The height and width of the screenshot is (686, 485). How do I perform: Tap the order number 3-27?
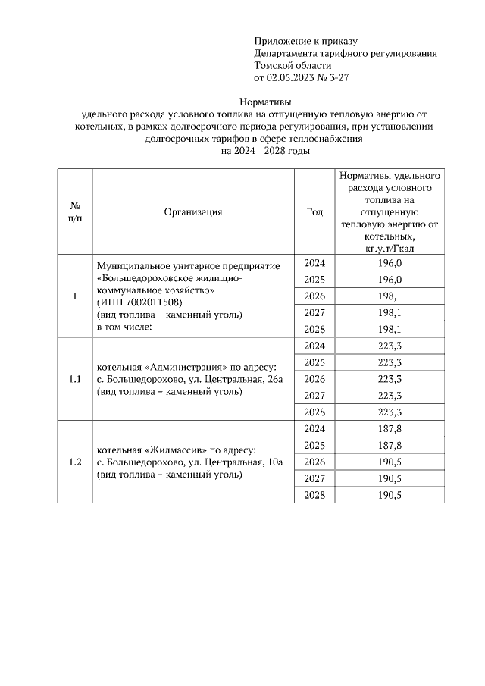point(339,77)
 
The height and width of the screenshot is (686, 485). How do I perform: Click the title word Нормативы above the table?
point(264,102)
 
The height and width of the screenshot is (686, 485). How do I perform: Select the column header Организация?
point(193,212)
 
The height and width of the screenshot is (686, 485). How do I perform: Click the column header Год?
point(314,212)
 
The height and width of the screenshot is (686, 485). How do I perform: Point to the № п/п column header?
point(75,212)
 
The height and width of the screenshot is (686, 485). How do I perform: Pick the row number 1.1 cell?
point(75,379)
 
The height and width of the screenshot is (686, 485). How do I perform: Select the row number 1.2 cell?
point(75,462)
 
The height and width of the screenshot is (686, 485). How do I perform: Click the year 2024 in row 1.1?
point(314,346)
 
